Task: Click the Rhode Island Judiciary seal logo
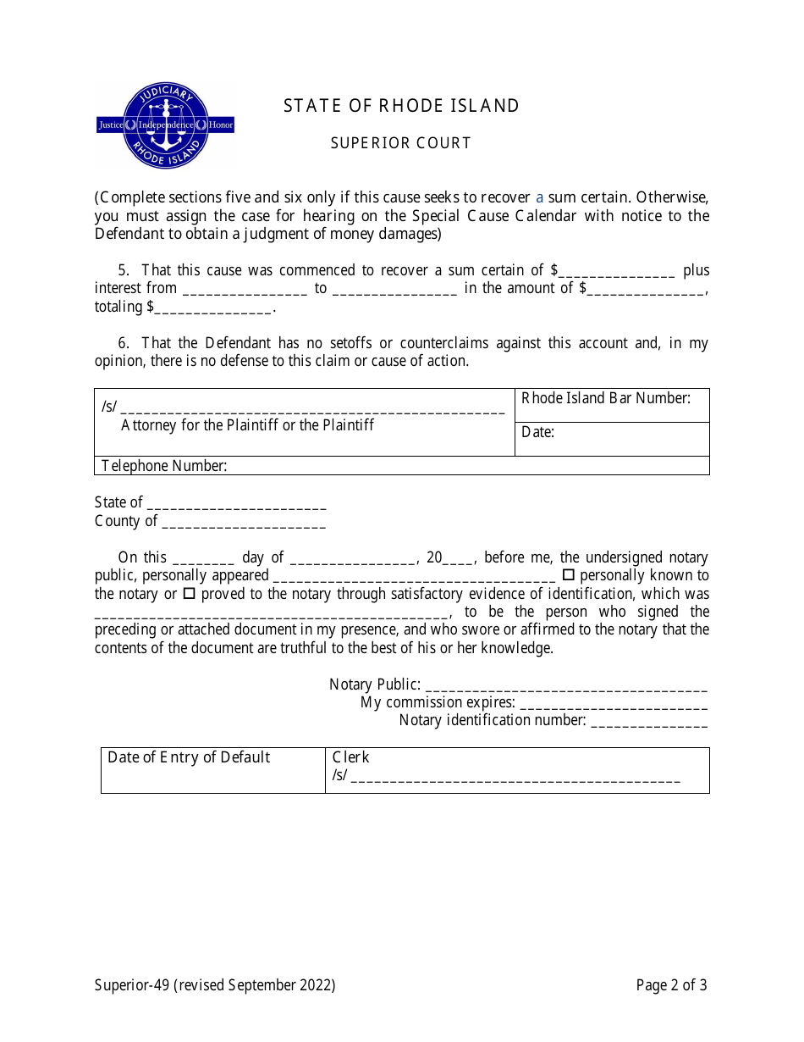(x=165, y=125)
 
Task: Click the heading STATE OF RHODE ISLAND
(x=401, y=106)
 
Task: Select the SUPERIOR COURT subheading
(x=400, y=143)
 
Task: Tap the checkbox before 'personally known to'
(x=569, y=575)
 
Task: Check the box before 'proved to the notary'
(x=190, y=594)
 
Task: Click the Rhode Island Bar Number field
(x=611, y=405)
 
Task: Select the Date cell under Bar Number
(x=611, y=439)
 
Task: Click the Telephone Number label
(x=164, y=465)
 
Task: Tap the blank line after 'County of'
(x=243, y=524)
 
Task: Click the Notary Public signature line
(x=565, y=687)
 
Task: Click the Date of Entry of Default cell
(x=212, y=770)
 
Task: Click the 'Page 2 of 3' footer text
(x=671, y=984)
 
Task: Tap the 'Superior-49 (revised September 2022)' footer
(x=215, y=984)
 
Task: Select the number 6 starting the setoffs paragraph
(x=123, y=343)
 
